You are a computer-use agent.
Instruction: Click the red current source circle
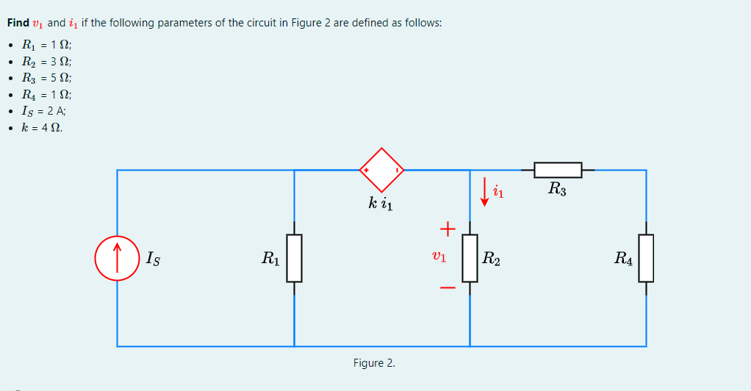coord(118,258)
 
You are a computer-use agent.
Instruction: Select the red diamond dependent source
coord(381,170)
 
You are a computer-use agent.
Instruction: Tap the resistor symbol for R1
coord(295,258)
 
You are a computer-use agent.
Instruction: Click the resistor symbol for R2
coord(470,258)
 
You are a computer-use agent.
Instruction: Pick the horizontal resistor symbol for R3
coord(558,171)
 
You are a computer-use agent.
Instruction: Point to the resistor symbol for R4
coord(646,258)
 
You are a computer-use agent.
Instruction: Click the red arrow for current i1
coord(484,192)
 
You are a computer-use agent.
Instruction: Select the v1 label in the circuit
coord(439,258)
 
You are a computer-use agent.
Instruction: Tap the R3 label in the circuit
coord(557,189)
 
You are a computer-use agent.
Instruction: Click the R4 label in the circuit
coord(624,258)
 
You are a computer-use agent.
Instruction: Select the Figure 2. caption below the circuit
coord(374,363)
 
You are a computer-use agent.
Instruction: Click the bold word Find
coord(18,23)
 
